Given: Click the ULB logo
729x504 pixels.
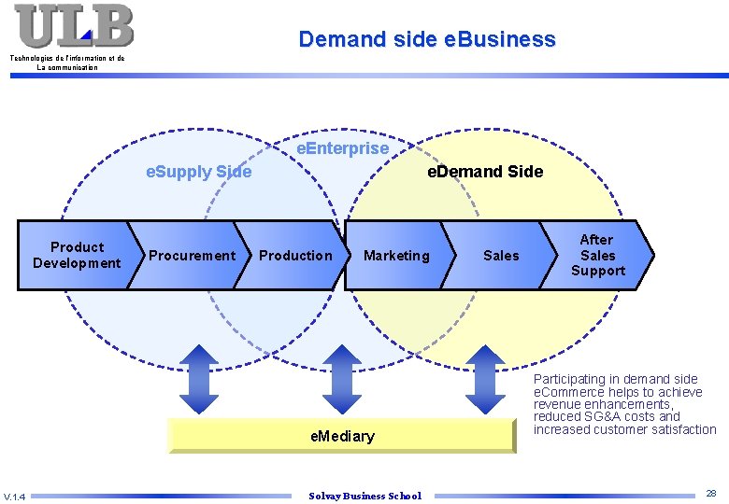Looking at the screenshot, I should [x=74, y=25].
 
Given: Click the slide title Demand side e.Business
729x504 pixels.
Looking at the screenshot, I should [x=426, y=39].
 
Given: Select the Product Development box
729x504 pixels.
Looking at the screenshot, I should [x=77, y=255].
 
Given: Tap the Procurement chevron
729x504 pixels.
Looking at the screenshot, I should [x=192, y=255].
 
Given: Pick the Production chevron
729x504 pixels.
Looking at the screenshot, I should [x=295, y=255].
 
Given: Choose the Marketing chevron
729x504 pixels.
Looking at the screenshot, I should [x=396, y=255].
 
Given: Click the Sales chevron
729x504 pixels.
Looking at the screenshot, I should [x=501, y=255].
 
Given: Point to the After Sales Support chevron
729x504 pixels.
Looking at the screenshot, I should [x=598, y=255].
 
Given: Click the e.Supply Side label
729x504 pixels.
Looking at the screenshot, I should [x=199, y=172].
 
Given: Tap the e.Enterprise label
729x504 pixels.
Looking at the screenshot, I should [x=342, y=148].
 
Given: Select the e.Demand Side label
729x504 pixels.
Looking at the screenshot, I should [x=484, y=172].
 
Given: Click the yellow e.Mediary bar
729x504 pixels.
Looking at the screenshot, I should [x=342, y=436].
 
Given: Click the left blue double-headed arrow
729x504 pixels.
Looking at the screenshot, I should [x=198, y=378].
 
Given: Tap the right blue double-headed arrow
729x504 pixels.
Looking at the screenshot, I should [x=484, y=378].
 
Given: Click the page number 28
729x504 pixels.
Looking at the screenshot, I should [x=711, y=493].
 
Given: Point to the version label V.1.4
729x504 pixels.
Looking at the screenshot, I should [x=14, y=496].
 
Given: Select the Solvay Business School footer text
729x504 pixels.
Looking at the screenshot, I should [x=364, y=496].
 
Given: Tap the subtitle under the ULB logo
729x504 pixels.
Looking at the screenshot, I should [x=67, y=63].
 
